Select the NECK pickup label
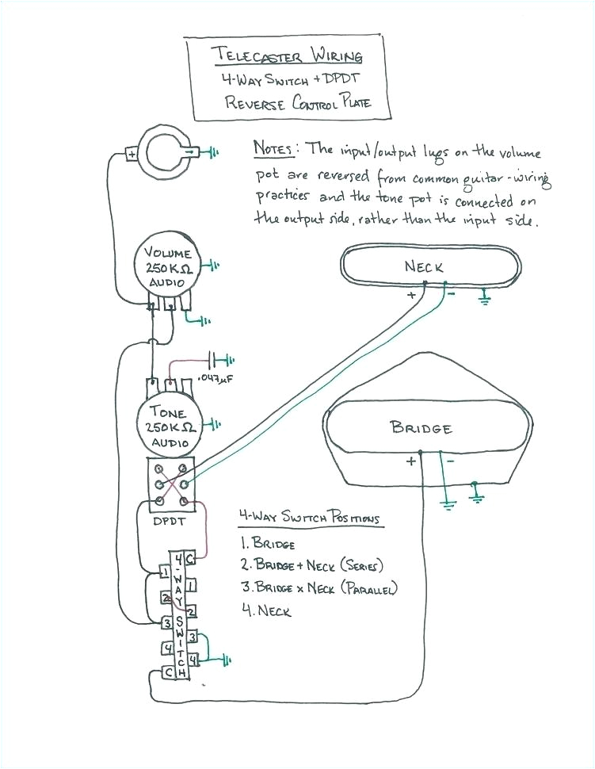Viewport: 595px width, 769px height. pyautogui.click(x=425, y=267)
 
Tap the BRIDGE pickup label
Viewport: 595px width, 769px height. pyautogui.click(x=421, y=428)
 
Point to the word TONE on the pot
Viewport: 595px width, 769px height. pyautogui.click(x=167, y=413)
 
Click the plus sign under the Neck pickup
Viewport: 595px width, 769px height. pyautogui.click(x=411, y=295)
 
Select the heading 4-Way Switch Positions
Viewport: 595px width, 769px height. pyautogui.click(x=309, y=518)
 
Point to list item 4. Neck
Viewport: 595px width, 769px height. pyautogui.click(x=265, y=611)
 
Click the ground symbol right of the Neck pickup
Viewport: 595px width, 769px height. pyautogui.click(x=485, y=297)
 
